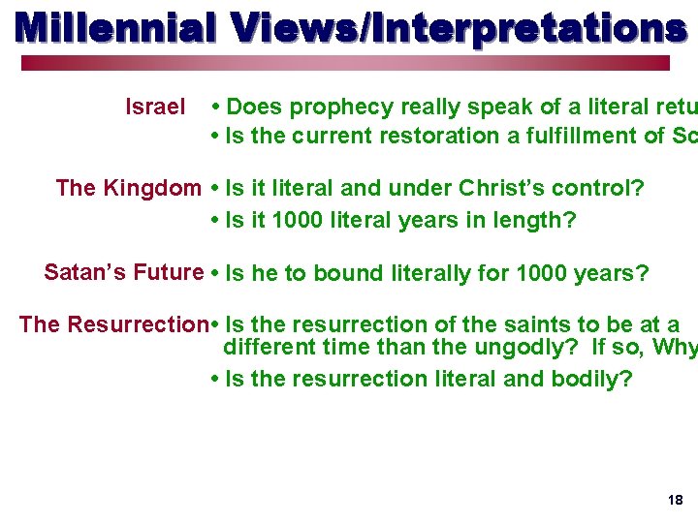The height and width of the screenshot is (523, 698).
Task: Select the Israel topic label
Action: point(155,107)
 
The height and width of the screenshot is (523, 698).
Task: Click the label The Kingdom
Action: point(128,188)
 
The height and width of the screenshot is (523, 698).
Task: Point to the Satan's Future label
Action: point(123,272)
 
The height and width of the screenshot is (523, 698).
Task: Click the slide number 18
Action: point(675,500)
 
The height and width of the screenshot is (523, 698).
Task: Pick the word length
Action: point(534,221)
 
